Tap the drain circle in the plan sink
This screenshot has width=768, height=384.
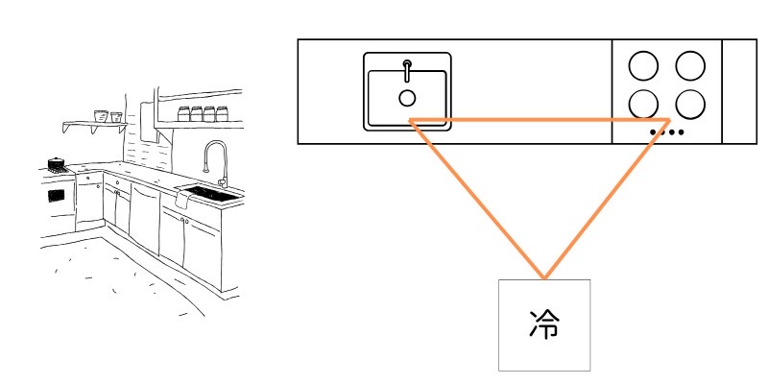point(407,97)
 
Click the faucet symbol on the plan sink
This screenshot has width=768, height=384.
point(407,69)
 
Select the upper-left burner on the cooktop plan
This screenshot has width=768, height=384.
point(643,65)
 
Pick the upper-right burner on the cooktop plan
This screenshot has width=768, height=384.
point(690,65)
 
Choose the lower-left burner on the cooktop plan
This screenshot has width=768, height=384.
point(643,103)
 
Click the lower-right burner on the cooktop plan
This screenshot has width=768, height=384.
point(690,103)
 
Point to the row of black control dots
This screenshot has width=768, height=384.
point(667,132)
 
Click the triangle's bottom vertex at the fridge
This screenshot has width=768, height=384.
point(544,279)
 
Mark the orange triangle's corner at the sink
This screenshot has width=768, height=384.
point(411,120)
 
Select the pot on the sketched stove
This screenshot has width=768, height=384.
point(57,164)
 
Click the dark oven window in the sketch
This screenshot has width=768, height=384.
point(57,195)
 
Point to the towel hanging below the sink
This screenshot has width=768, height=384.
point(182,201)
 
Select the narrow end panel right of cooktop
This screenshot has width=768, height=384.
point(738,92)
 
